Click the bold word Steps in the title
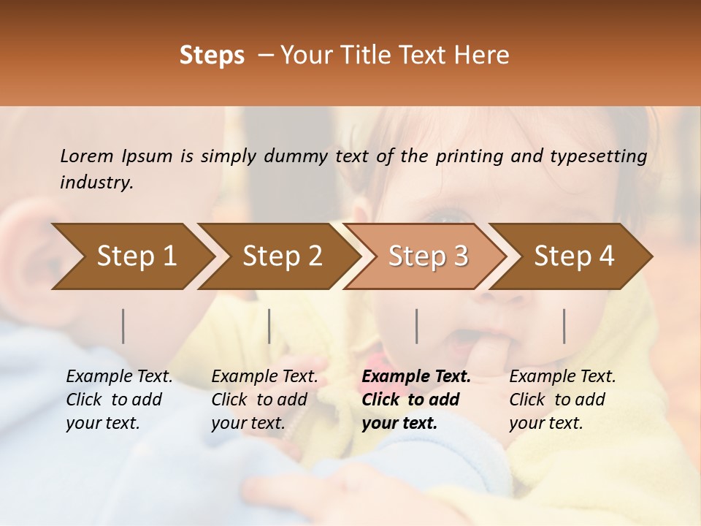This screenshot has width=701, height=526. point(212,55)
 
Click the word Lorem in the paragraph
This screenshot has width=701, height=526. point(86,156)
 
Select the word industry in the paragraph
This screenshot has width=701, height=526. point(96,182)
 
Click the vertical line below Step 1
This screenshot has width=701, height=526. point(123,326)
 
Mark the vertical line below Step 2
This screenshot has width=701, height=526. point(269,326)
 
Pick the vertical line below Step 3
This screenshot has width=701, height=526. point(416,326)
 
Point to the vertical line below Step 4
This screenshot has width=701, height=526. point(564,326)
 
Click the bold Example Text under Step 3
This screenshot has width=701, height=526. point(416,376)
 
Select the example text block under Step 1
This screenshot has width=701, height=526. point(119,400)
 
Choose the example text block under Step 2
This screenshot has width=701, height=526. point(264,400)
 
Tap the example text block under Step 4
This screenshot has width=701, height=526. point(562,400)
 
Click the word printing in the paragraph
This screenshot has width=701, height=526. point(469,156)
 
